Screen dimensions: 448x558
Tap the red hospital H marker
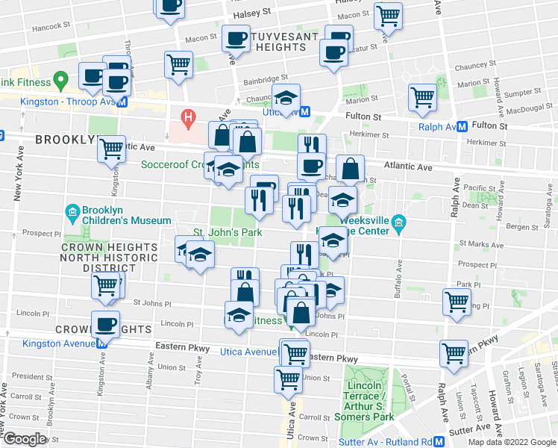[x=188, y=117]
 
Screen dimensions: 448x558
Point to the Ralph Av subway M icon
[x=463, y=126]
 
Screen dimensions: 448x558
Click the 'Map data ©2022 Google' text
[x=512, y=442]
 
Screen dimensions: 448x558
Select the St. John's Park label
[x=228, y=232]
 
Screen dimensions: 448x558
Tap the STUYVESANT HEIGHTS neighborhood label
[x=276, y=41]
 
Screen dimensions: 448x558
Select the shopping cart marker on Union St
[x=289, y=379]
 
